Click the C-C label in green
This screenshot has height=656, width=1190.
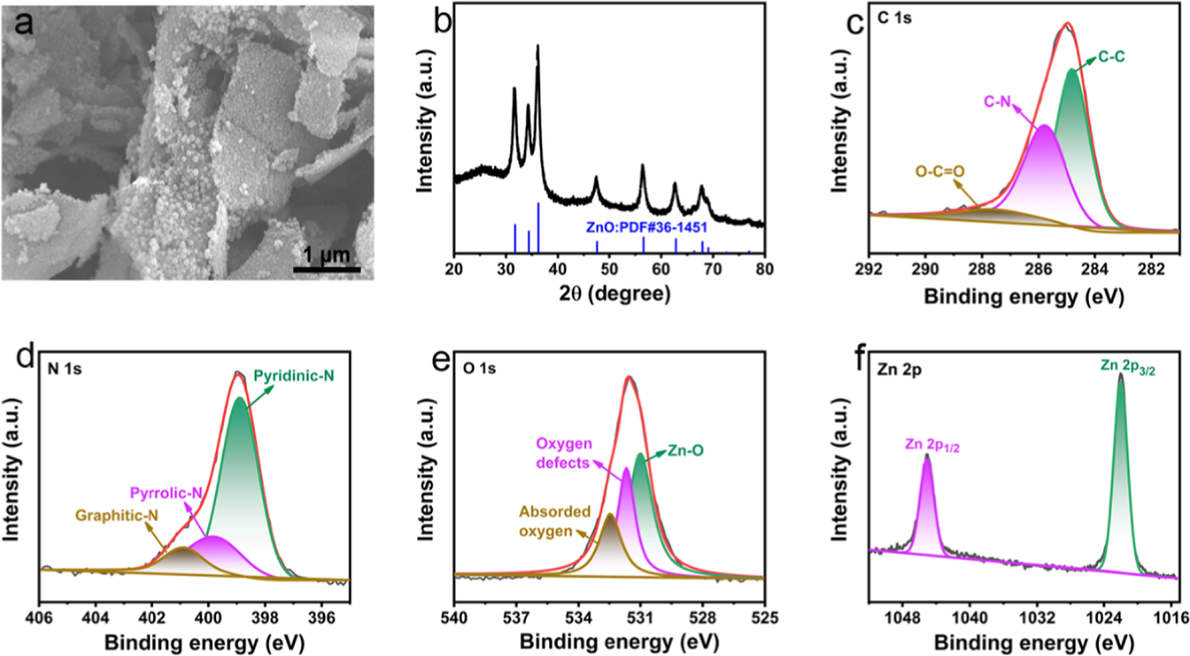click(x=1111, y=70)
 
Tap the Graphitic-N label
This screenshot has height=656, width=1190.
click(x=116, y=515)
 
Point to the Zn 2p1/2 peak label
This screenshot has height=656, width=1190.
click(x=932, y=445)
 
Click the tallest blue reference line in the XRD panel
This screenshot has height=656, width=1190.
click(x=538, y=227)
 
